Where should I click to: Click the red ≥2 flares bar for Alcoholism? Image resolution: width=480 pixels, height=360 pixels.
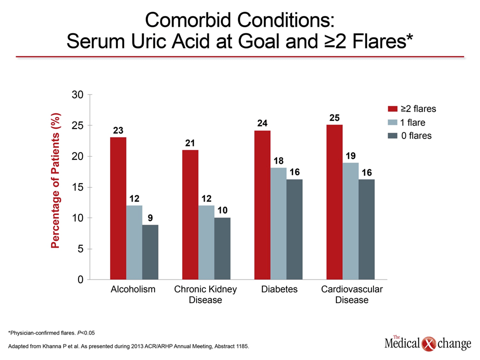point(118,208)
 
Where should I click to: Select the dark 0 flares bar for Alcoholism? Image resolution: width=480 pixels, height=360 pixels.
point(150,252)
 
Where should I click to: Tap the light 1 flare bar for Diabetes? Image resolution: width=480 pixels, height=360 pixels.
point(278,223)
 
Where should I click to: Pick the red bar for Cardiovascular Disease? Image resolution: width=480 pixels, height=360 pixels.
point(334,202)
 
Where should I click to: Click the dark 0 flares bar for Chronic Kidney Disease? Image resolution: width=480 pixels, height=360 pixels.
point(222,248)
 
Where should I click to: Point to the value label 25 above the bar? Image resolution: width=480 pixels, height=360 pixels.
point(334,118)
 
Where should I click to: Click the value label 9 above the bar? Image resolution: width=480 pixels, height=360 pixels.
point(150,218)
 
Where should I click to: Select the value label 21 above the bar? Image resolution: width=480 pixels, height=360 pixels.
point(190,143)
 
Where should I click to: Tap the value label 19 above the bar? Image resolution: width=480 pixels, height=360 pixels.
point(351,156)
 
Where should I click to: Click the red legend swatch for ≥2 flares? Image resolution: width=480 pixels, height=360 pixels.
point(392,108)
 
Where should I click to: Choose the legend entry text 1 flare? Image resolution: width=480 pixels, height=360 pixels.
point(412,122)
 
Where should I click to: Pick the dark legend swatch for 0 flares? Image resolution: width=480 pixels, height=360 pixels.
point(392,135)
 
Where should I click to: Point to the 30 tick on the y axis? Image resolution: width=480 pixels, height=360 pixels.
point(78,94)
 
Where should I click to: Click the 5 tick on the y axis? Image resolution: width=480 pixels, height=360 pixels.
point(80,248)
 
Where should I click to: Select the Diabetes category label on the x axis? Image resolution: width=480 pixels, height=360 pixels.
point(279,289)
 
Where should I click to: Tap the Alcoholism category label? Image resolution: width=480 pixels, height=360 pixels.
point(133,289)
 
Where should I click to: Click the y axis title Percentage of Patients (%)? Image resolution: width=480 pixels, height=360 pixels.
point(55,180)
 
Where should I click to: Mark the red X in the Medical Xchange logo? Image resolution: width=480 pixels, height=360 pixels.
point(428,344)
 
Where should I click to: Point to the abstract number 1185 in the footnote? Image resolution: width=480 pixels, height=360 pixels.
point(242,346)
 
